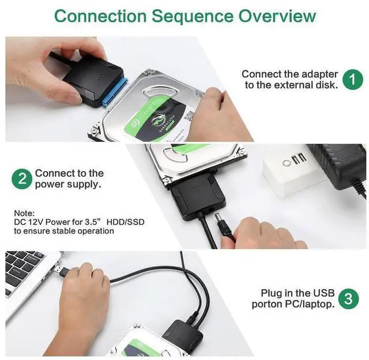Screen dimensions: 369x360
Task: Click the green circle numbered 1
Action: click(353, 80)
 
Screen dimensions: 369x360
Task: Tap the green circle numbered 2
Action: click(22, 179)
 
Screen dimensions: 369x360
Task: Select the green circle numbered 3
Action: click(348, 299)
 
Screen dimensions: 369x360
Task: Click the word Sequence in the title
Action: click(193, 16)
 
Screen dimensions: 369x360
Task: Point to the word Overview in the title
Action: click(277, 16)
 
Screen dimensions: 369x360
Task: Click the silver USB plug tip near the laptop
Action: click(61, 269)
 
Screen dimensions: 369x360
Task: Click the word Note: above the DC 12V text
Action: click(24, 213)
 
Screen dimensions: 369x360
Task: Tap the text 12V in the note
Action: click(36, 222)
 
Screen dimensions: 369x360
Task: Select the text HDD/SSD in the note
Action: click(126, 222)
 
